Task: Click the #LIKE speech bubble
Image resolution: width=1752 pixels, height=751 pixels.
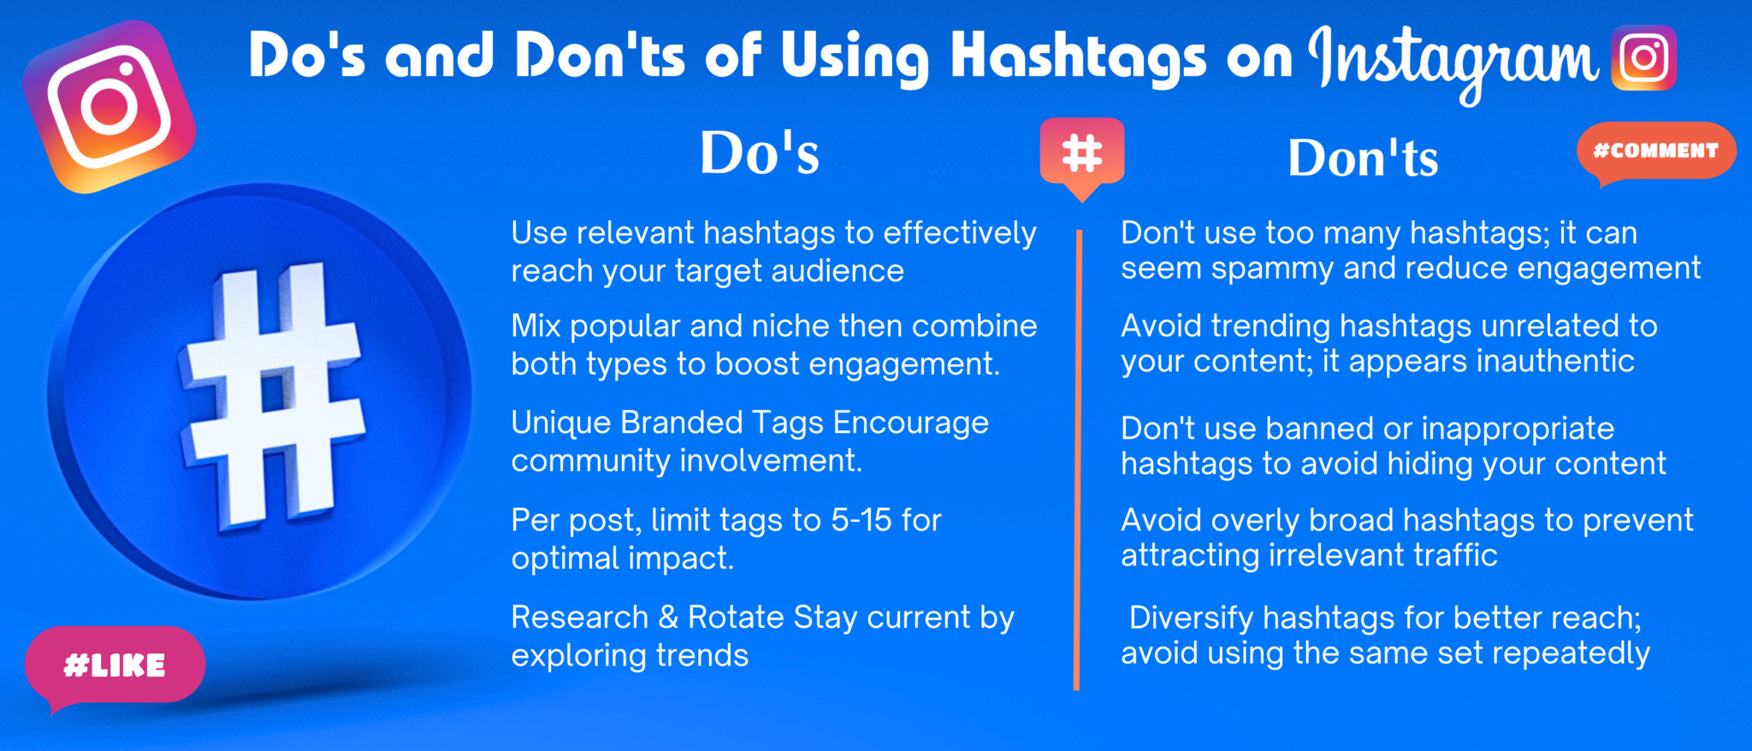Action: point(115,665)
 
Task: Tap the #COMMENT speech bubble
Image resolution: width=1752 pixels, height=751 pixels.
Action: point(1656,151)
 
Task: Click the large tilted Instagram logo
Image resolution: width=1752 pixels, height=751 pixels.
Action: point(109,106)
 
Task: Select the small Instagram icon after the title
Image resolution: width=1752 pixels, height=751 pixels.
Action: point(1643,58)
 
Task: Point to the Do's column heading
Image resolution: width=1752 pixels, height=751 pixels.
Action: point(760,153)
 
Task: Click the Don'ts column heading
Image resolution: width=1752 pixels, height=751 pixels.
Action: point(1364,157)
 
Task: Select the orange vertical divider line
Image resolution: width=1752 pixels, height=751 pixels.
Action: point(1078,459)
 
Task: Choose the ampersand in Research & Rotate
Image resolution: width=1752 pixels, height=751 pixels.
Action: point(668,618)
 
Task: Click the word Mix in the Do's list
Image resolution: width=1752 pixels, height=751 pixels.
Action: point(536,326)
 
